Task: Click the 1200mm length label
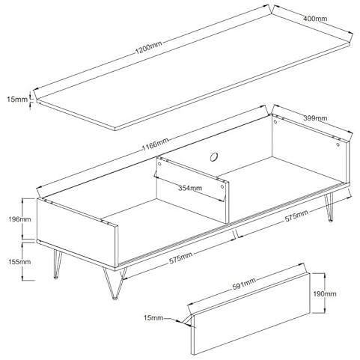(x=148, y=47)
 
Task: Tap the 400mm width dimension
(x=315, y=18)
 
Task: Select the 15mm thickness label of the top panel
(x=17, y=100)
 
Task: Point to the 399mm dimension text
(x=315, y=118)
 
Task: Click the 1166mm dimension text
(x=155, y=144)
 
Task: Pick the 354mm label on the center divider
(x=190, y=188)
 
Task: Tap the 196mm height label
(x=19, y=219)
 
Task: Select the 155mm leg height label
(x=19, y=262)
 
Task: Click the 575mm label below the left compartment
(x=180, y=258)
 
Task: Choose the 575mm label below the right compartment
(x=296, y=216)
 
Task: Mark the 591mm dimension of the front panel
(x=244, y=284)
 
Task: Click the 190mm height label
(x=325, y=294)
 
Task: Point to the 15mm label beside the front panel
(x=153, y=318)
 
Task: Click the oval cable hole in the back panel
(x=213, y=157)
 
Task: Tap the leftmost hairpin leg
(x=57, y=265)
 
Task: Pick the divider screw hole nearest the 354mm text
(x=222, y=186)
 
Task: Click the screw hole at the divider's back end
(x=159, y=164)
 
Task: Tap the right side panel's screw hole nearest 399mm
(x=275, y=122)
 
